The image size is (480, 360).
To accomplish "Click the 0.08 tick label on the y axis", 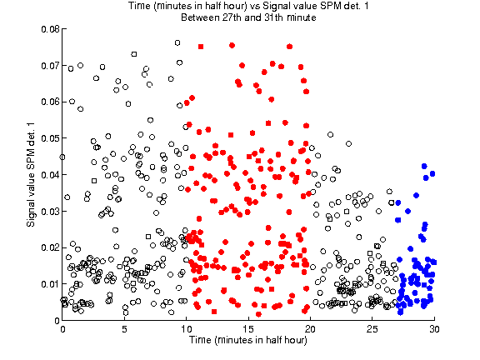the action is coord(50,29).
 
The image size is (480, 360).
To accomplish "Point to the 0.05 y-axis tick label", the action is coord(50,138).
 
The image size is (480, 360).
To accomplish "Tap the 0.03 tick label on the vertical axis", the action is coord(50,211).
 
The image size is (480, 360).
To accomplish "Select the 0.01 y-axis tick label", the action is coord(50,284).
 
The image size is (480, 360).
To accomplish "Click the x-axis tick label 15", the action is coord(248,329).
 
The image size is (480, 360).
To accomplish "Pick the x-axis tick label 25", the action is coord(372,329).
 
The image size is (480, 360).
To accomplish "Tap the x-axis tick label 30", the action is coord(434,329).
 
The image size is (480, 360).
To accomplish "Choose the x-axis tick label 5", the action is coord(124,329).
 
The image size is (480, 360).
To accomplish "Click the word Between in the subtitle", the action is coord(200,17).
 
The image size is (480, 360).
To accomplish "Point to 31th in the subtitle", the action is coord(273,17).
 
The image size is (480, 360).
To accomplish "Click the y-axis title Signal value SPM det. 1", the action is coord(31,175).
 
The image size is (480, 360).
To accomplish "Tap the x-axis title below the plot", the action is coord(248,340).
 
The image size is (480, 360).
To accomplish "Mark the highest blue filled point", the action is coord(424,166).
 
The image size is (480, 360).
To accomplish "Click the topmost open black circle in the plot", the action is coord(177,42).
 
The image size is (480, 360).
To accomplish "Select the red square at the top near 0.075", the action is coord(201,47).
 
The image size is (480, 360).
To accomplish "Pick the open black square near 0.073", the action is coord(134,54).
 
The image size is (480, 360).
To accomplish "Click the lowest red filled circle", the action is coord(258,314).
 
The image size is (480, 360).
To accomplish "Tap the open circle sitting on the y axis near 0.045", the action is coord(62,157).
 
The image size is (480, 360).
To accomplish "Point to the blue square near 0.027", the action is coord(398,220).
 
